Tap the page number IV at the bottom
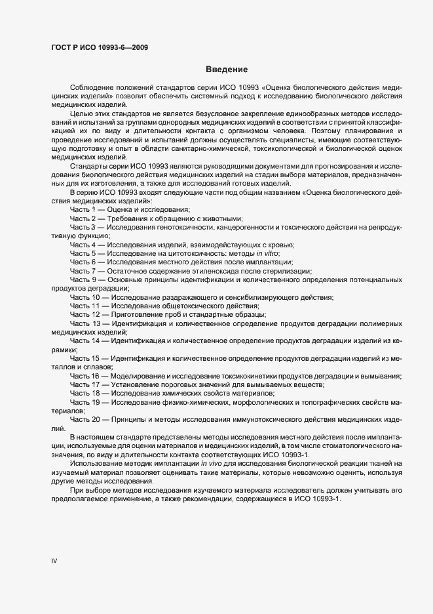(x=55, y=562)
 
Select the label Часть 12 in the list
(x=85, y=314)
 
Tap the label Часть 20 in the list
(x=85, y=419)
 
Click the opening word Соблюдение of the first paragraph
(x=91, y=87)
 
